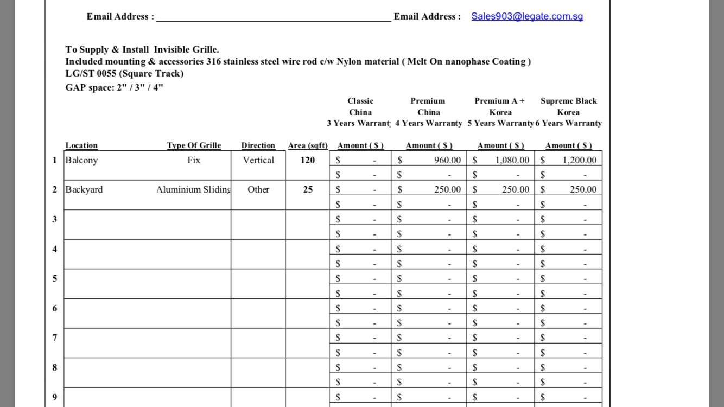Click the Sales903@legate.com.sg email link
pos(526,16)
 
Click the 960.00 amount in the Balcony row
pos(447,160)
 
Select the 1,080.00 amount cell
pos(512,160)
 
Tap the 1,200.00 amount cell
pos(579,160)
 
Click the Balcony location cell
pos(81,160)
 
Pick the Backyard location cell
pos(84,189)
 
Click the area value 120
pos(307,160)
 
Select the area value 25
pos(308,189)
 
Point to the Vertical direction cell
pos(258,160)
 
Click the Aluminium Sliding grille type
pos(194,189)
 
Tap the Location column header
pos(81,145)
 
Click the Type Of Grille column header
pos(194,145)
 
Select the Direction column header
pos(258,145)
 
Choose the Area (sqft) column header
pos(308,145)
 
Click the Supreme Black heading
pos(568,101)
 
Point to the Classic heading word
pos(360,101)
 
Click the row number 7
pos(54,338)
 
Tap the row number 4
pos(54,249)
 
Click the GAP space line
pos(114,87)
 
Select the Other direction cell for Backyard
pos(258,189)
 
